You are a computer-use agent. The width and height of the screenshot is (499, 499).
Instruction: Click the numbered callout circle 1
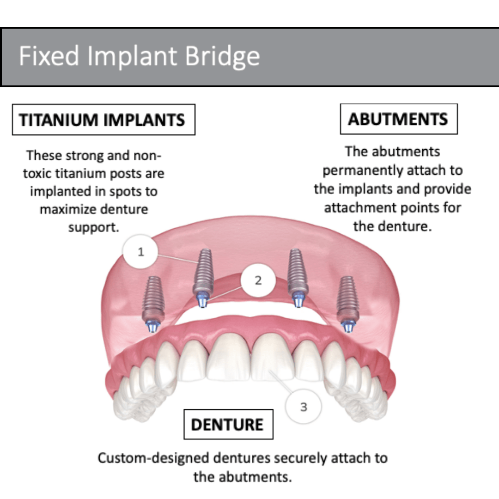click(141, 252)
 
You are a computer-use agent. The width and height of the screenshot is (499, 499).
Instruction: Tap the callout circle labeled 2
click(258, 280)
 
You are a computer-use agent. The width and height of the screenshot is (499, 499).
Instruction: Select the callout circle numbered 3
click(303, 407)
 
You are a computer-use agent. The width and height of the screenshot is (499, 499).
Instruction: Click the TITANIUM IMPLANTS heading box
click(103, 120)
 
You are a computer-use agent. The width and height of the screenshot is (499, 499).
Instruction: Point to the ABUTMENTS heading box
click(398, 119)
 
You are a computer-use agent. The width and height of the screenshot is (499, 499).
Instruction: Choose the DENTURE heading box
click(228, 424)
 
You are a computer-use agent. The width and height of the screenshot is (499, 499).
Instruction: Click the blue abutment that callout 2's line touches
click(203, 301)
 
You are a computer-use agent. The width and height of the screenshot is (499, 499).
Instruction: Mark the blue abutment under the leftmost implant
click(152, 326)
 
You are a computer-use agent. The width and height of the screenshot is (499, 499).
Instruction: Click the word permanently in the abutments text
click(356, 170)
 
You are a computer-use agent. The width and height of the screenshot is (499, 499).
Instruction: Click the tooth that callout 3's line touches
click(273, 358)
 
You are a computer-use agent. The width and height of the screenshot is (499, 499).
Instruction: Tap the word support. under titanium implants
click(93, 228)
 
